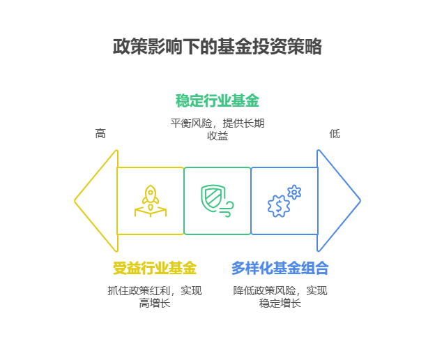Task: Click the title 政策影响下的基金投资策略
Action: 217,47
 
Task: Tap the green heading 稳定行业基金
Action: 217,100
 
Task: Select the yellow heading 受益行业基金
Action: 155,268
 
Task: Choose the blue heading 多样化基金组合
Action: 280,268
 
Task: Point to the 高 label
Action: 100,133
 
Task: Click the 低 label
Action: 335,133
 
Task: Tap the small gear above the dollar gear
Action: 294,190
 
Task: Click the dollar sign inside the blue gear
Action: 279,206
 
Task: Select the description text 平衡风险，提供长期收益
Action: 217,129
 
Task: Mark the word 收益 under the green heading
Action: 217,136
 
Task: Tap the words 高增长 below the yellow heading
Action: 155,303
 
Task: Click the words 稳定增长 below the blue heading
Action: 280,303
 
